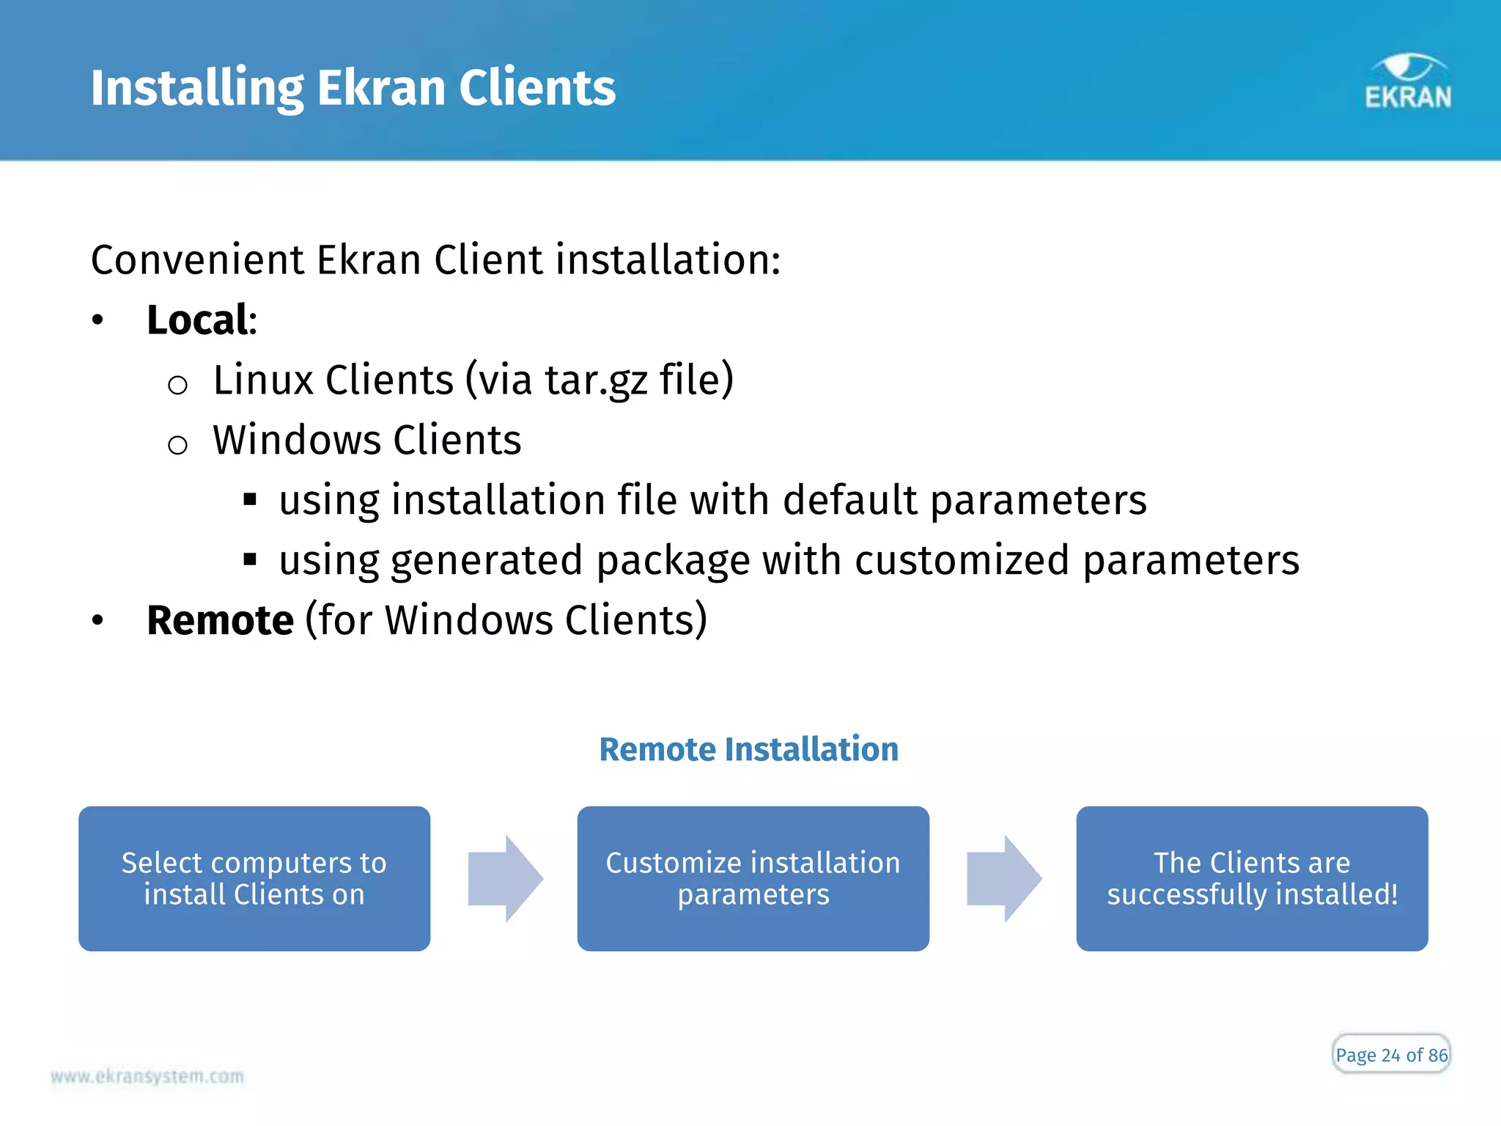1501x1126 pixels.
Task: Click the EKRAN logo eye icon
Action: [1408, 67]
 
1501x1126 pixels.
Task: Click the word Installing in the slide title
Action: [196, 88]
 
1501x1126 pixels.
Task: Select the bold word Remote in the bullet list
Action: [220, 620]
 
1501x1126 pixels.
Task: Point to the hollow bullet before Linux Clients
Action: [177, 384]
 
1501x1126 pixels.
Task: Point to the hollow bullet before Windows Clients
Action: [177, 444]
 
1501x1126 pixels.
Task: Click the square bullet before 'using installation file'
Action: [250, 500]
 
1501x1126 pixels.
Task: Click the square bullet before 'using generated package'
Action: [250, 560]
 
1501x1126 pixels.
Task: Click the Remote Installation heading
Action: [748, 749]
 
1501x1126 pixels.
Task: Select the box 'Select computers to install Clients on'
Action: [254, 878]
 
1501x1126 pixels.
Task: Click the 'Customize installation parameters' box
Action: [753, 878]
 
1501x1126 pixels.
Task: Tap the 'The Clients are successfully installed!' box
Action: [1252, 878]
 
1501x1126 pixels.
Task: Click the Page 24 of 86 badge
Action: [1390, 1054]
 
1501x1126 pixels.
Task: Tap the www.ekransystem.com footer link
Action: [147, 1076]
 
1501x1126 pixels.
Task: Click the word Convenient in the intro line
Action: [196, 260]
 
